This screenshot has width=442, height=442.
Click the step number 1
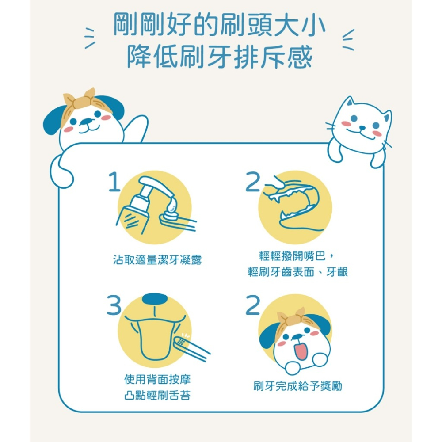pos(114,182)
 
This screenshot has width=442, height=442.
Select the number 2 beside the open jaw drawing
pos(253,182)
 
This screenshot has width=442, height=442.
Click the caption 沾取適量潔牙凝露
pos(157,260)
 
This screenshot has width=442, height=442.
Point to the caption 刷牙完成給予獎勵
pos(297,386)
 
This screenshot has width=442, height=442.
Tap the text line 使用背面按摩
pos(157,380)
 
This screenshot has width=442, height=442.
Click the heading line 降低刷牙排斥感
pos(220,57)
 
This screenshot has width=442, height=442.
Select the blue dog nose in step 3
pos(153,298)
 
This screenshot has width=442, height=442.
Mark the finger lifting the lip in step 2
pos(274,182)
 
